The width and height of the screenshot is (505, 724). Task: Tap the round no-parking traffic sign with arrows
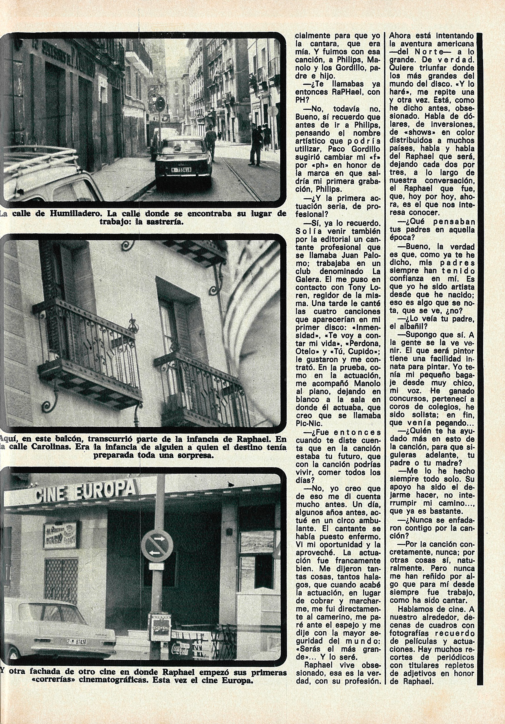pos(157,545)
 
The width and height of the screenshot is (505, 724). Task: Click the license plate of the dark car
pos(181,169)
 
